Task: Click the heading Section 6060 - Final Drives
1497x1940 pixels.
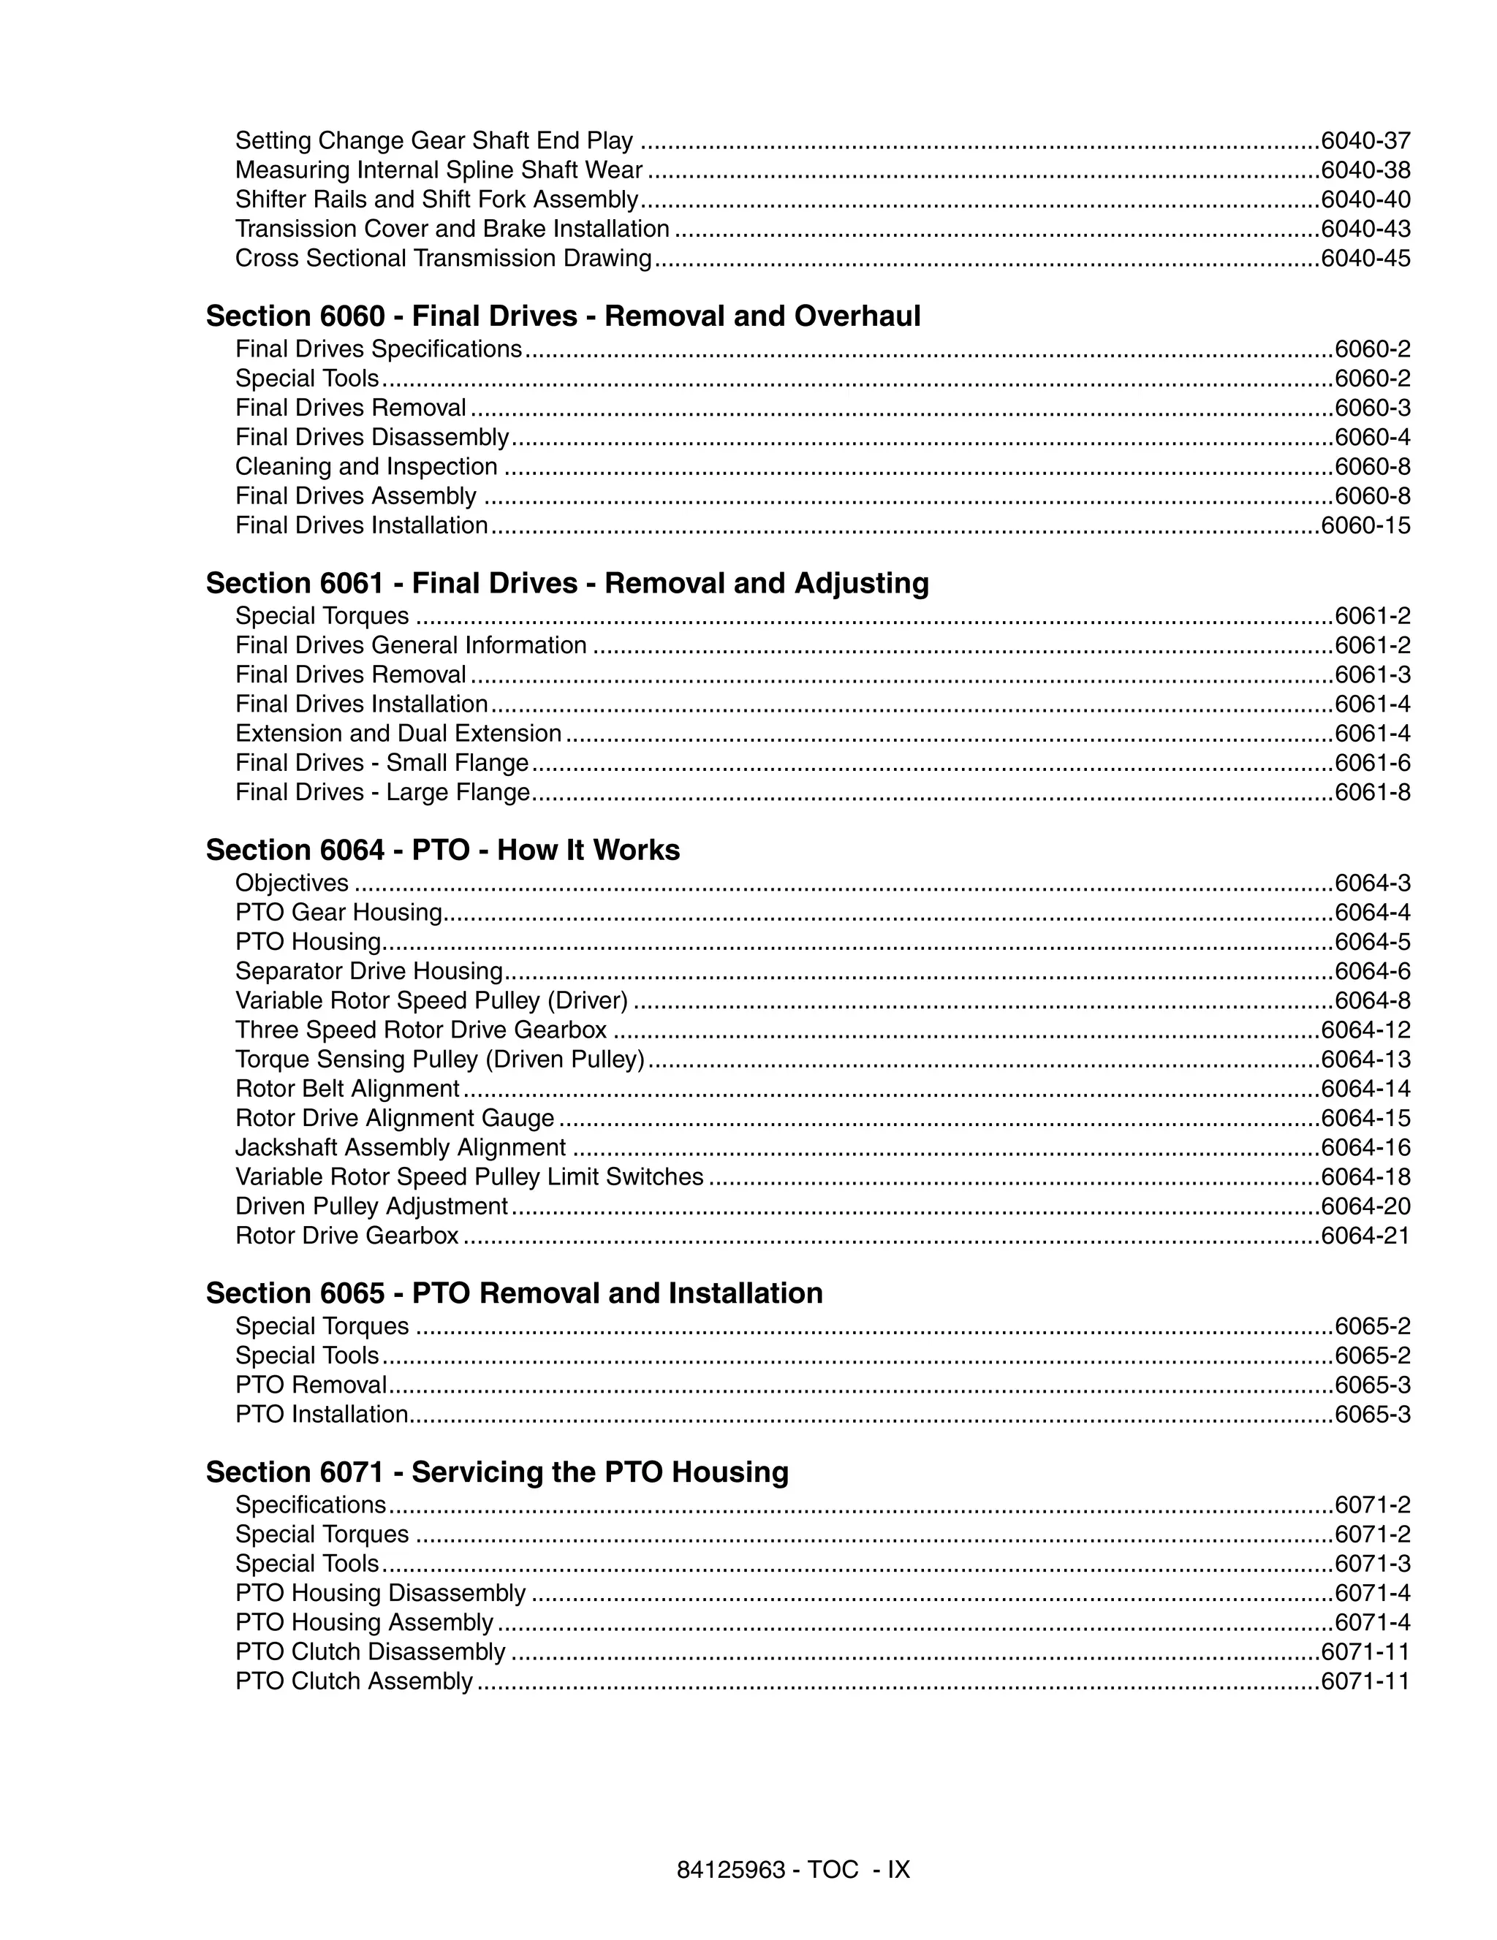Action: pyautogui.click(x=564, y=316)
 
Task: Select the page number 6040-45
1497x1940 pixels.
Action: pyautogui.click(x=1365, y=259)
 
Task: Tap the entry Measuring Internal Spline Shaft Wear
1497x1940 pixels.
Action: pyautogui.click(x=439, y=170)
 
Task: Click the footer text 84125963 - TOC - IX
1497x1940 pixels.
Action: pyautogui.click(x=793, y=1870)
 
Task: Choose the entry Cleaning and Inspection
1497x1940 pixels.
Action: pyautogui.click(x=366, y=467)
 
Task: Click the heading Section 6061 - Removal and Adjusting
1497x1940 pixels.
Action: pyautogui.click(x=566, y=584)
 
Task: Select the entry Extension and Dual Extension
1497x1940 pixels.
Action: pyautogui.click(x=398, y=734)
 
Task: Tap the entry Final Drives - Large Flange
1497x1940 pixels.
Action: pyautogui.click(x=382, y=792)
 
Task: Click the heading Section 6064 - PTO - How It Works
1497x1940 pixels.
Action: pyautogui.click(x=442, y=850)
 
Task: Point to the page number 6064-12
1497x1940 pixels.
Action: pyautogui.click(x=1365, y=1030)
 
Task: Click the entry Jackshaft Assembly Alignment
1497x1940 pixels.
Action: pyautogui.click(x=401, y=1148)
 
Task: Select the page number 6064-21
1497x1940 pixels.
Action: pyautogui.click(x=1365, y=1236)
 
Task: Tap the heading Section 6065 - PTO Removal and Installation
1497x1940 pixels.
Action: pyautogui.click(x=514, y=1293)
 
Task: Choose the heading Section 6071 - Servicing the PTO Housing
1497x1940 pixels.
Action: pyautogui.click(x=496, y=1472)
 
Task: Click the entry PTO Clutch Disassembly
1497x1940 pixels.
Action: pyautogui.click(x=371, y=1652)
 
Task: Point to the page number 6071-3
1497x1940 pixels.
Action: pyautogui.click(x=1373, y=1564)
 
